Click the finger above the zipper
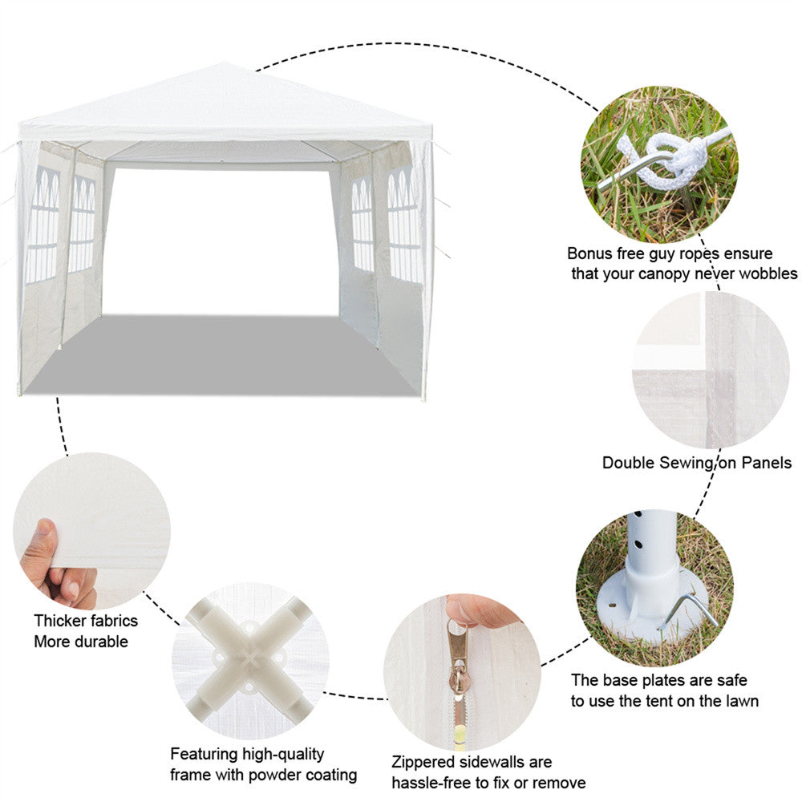(x=481, y=611)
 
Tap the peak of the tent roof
(x=224, y=67)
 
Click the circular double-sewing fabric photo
(x=711, y=370)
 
